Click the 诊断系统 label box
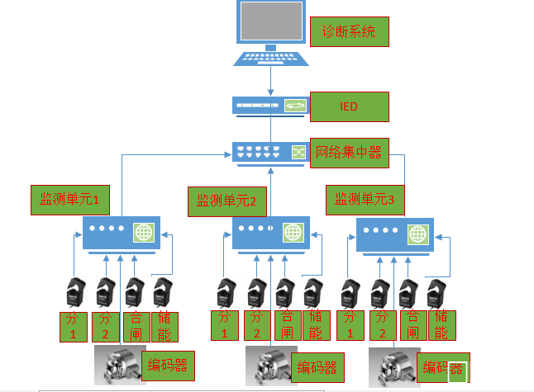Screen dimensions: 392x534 tap(348, 32)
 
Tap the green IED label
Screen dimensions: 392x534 tap(348, 106)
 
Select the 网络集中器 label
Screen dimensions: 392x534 tap(347, 153)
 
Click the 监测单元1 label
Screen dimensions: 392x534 tap(70, 201)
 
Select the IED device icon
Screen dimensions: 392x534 tap(270, 106)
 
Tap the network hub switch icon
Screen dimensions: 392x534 tap(270, 153)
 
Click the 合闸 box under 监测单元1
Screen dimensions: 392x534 tap(135, 327)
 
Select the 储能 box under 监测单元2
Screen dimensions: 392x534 tap(314, 325)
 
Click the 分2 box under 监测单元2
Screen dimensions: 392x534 tap(257, 325)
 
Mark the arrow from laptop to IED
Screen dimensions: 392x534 tap(270, 83)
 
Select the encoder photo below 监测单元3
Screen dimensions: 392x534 tap(394, 366)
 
